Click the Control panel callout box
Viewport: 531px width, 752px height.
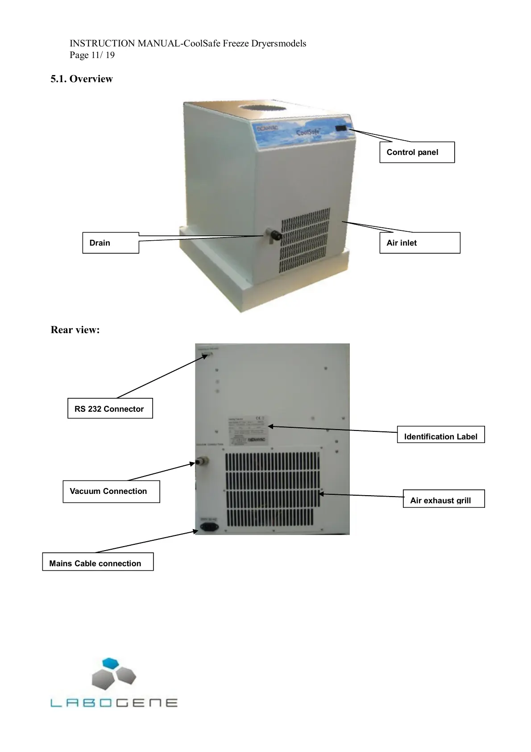click(417, 152)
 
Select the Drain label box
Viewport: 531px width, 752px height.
click(111, 243)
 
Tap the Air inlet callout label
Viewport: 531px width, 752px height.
click(419, 243)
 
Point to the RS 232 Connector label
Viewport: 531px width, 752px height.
click(110, 409)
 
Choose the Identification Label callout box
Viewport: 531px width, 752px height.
click(440, 436)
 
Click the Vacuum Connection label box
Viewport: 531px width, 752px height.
click(111, 491)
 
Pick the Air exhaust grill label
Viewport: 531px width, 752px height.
click(444, 500)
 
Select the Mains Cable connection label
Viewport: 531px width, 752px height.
click(98, 563)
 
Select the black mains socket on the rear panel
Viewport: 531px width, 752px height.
click(209, 527)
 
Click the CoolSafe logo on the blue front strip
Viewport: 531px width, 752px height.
click(308, 133)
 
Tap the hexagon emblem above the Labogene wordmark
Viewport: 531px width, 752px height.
click(114, 675)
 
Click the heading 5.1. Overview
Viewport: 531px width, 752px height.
click(82, 79)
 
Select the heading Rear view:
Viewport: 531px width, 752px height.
click(75, 330)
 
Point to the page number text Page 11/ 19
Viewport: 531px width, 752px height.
click(92, 55)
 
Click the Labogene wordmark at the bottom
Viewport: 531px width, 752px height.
click(114, 703)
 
